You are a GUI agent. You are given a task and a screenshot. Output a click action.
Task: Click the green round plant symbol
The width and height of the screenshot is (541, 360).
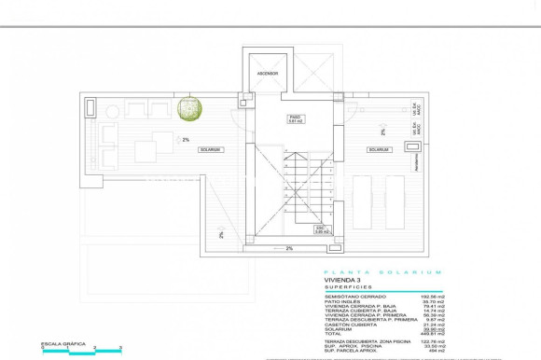[x=191, y=108]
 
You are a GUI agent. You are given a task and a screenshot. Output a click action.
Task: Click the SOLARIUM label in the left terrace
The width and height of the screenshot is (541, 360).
[x=210, y=149]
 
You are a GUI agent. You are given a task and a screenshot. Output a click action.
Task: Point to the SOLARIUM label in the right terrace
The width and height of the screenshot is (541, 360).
[x=378, y=149]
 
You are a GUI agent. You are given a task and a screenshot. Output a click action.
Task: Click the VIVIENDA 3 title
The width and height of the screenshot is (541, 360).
[x=341, y=280]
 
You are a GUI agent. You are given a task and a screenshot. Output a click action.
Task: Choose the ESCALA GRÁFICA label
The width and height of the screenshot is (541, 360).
[x=62, y=343]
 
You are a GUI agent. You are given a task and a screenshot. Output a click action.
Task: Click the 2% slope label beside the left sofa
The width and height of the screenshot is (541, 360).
[x=186, y=140]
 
